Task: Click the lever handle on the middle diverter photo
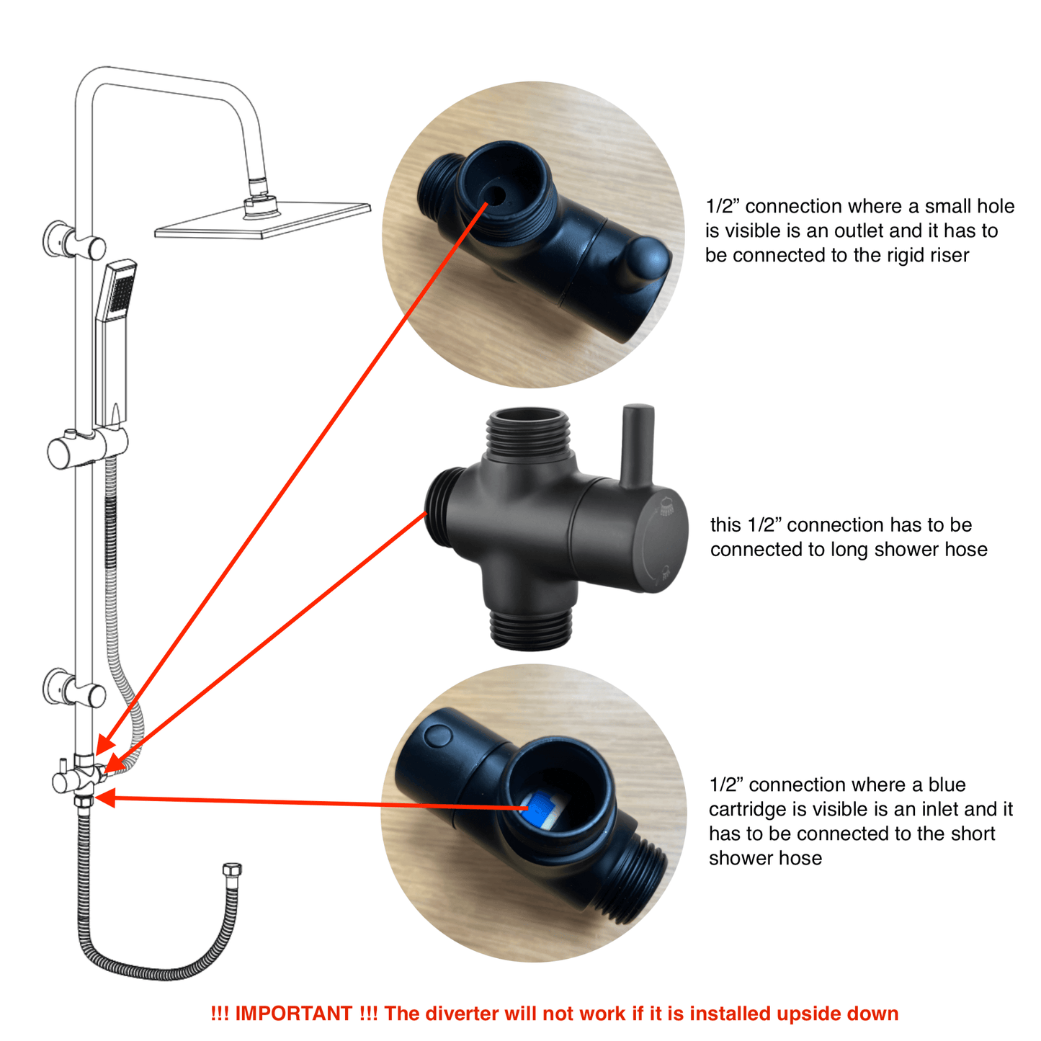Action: [638, 447]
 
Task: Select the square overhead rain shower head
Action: [262, 219]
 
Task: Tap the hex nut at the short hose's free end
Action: [232, 870]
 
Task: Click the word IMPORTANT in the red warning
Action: [293, 1014]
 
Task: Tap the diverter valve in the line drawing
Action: [79, 778]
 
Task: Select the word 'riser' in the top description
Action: [947, 255]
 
